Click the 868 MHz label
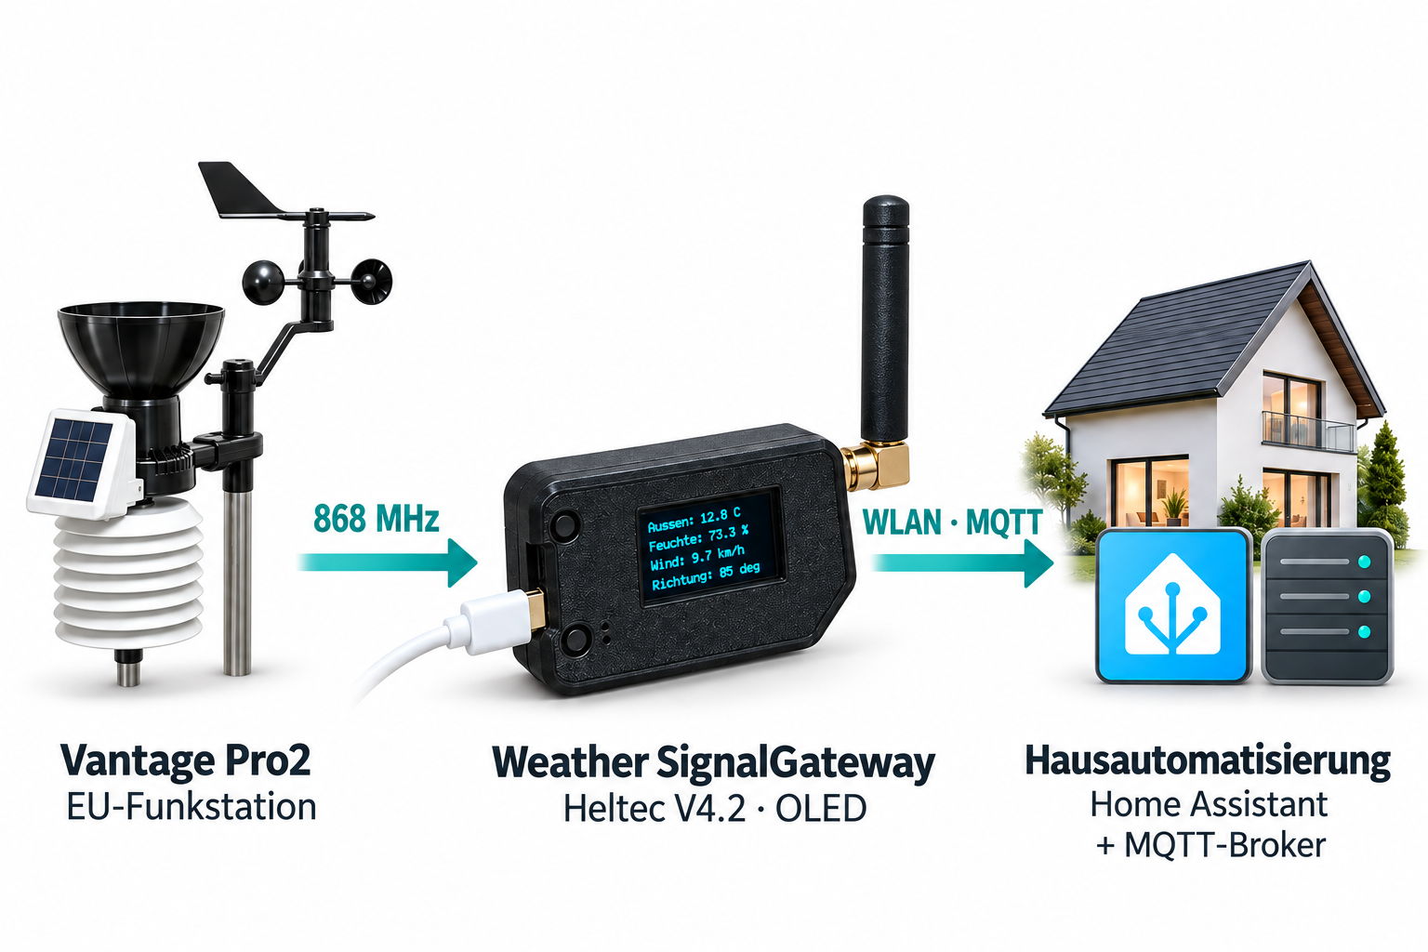(x=377, y=519)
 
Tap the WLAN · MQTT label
(x=952, y=522)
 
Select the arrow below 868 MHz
(x=388, y=562)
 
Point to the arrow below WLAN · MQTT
(x=962, y=563)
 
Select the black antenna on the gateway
(x=885, y=319)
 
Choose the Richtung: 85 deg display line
(x=706, y=576)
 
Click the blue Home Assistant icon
(x=1173, y=606)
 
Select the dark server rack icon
(x=1328, y=607)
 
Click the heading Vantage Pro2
(x=186, y=760)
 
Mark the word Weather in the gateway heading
(x=570, y=762)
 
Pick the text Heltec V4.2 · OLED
(x=715, y=809)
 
